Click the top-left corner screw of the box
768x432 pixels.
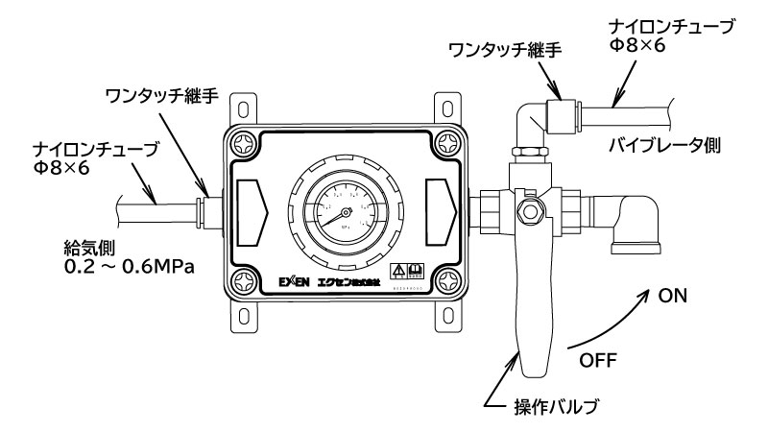pyautogui.click(x=243, y=140)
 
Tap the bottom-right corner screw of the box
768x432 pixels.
pyautogui.click(x=447, y=279)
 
